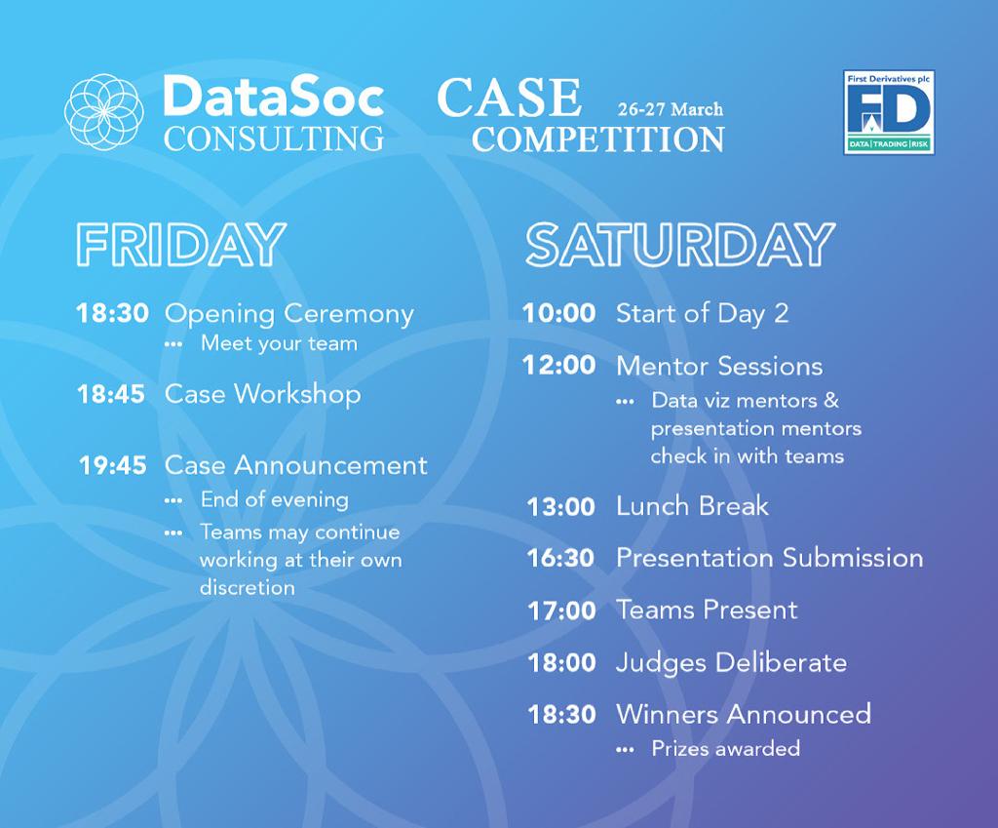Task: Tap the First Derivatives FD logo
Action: (x=888, y=112)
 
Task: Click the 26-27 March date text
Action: (x=670, y=109)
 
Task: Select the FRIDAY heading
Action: (x=181, y=244)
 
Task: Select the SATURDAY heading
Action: (x=680, y=244)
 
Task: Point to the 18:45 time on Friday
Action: (x=112, y=394)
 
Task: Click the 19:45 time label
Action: (x=113, y=465)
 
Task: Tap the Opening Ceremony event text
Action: (x=289, y=314)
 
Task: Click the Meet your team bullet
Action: (x=279, y=343)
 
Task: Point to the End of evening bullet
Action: (x=274, y=499)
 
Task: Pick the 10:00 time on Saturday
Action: (x=558, y=313)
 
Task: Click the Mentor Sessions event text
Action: (x=719, y=366)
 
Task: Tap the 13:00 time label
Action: (x=560, y=507)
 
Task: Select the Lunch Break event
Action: (x=692, y=506)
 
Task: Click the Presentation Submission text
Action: (x=769, y=558)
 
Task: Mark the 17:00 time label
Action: (x=561, y=611)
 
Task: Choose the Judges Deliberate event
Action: (x=731, y=662)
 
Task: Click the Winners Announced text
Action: (x=743, y=714)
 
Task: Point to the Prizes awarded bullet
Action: (x=725, y=749)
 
